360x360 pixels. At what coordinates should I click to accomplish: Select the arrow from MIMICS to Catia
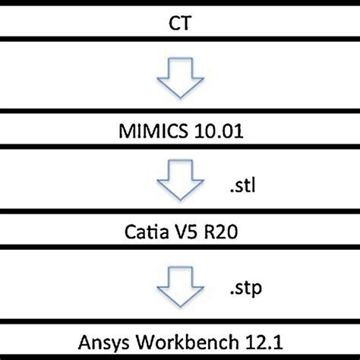coord(180,176)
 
